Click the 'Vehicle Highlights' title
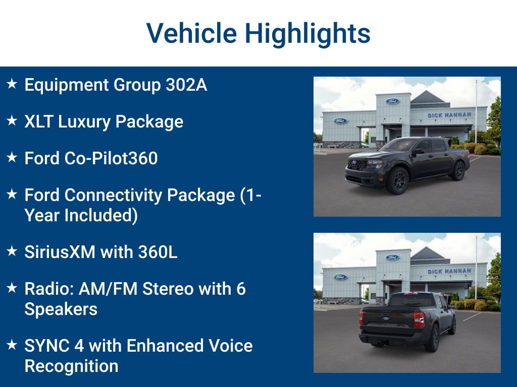[x=258, y=33]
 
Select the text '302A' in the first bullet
[x=186, y=85]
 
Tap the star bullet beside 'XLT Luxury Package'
[x=12, y=121]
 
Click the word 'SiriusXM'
[x=60, y=251]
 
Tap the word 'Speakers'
[x=61, y=309]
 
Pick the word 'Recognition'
[x=71, y=366]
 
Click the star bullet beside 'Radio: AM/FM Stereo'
[x=12, y=288]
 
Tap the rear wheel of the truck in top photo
[x=458, y=171]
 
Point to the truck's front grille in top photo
[x=357, y=164]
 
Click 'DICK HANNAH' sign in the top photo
[x=449, y=115]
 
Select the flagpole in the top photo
[x=476, y=111]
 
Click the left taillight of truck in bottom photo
[x=361, y=317]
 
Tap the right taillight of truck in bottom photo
[x=419, y=320]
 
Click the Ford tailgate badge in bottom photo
[x=386, y=318]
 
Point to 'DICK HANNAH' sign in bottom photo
[x=449, y=271]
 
